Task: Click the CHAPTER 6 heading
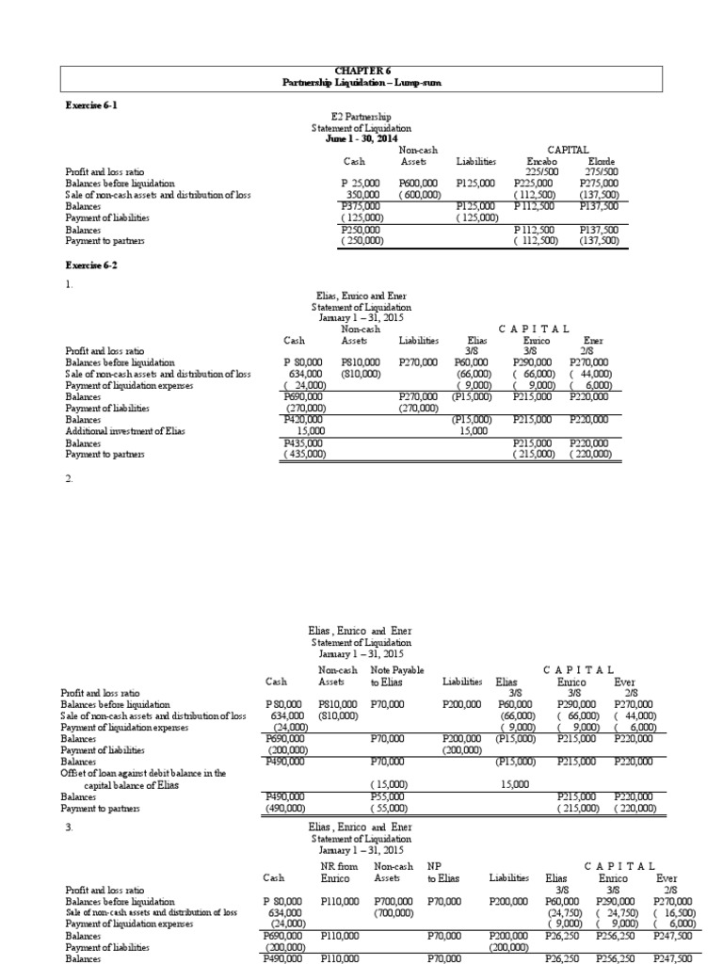tap(361, 72)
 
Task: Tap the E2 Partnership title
tap(361, 117)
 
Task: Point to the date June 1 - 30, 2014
tap(361, 138)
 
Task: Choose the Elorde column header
tap(599, 161)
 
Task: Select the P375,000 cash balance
tap(361, 205)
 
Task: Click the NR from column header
tap(336, 865)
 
